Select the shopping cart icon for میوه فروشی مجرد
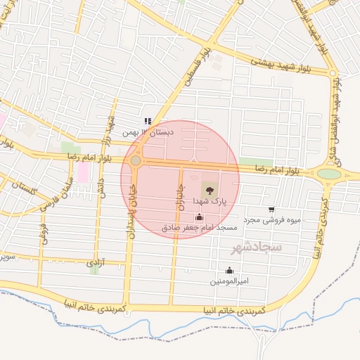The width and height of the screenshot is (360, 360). click(x=271, y=210)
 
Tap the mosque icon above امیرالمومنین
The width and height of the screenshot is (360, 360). click(x=229, y=270)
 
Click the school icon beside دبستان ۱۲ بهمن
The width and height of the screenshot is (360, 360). click(x=148, y=121)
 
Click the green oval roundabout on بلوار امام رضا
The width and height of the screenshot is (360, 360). click(x=328, y=174)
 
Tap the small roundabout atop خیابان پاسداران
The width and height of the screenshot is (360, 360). click(x=136, y=161)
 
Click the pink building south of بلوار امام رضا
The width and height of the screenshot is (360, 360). click(x=83, y=172)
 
